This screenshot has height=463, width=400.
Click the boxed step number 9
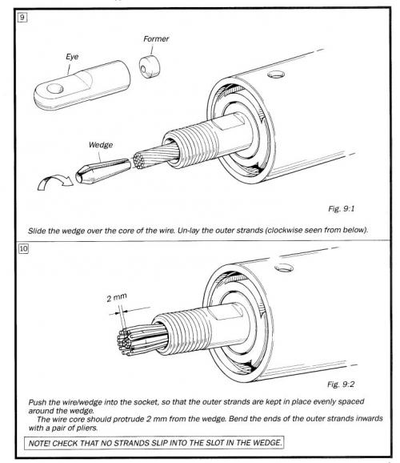pyautogui.click(x=22, y=18)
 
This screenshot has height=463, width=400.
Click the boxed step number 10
pyautogui.click(x=23, y=248)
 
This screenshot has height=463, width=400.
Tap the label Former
pyautogui.click(x=156, y=38)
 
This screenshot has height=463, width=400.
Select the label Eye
pyautogui.click(x=72, y=57)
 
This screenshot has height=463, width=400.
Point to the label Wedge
pyautogui.click(x=101, y=145)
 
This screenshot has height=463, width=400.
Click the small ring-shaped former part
pyautogui.click(x=150, y=66)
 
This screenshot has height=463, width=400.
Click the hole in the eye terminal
pyautogui.click(x=55, y=88)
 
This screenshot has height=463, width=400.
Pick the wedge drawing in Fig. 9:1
pyautogui.click(x=103, y=171)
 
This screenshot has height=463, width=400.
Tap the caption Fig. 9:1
pyautogui.click(x=342, y=209)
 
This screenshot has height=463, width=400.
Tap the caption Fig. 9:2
pyautogui.click(x=341, y=384)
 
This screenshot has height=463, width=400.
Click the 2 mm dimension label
pyautogui.click(x=117, y=297)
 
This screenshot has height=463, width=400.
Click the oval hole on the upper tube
pyautogui.click(x=277, y=74)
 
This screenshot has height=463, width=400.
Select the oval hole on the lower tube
pyautogui.click(x=284, y=268)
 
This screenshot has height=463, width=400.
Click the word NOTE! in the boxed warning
pyautogui.click(x=39, y=443)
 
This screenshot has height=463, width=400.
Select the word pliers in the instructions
pyautogui.click(x=86, y=428)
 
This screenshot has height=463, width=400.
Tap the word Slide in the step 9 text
pyautogui.click(x=37, y=231)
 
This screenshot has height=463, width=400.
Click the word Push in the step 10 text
pyautogui.click(x=37, y=402)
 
